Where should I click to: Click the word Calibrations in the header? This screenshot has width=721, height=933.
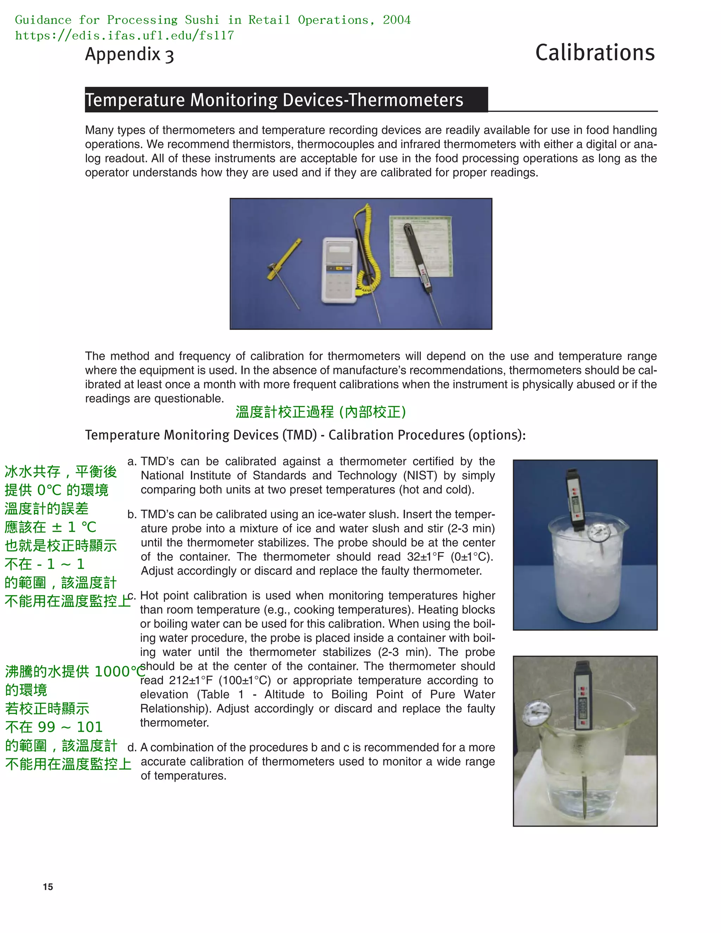click(595, 53)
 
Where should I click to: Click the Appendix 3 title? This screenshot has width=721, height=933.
click(130, 55)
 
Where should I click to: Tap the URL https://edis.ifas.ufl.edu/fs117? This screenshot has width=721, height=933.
click(124, 36)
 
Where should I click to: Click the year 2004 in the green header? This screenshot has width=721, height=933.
click(396, 20)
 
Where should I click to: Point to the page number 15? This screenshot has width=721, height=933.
click(48, 887)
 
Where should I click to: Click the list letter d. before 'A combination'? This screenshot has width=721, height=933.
click(132, 747)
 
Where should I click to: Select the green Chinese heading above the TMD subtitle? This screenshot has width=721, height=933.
click(320, 412)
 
